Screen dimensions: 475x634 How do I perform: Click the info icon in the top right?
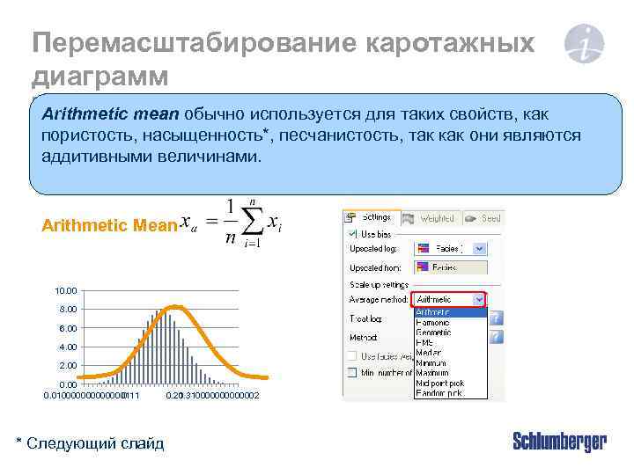click(x=584, y=44)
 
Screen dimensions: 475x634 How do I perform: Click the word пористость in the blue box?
click(x=82, y=135)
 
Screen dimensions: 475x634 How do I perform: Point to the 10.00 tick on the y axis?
click(x=66, y=290)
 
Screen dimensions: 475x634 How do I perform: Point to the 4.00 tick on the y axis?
click(x=68, y=347)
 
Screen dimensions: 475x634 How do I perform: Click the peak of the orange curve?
click(x=175, y=306)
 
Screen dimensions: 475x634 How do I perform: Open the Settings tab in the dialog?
click(x=371, y=217)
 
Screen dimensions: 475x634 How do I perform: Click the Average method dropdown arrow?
click(x=479, y=300)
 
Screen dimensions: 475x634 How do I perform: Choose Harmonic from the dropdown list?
click(x=432, y=322)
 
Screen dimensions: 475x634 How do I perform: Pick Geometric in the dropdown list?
click(x=434, y=332)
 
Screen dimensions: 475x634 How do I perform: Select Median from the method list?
click(x=428, y=352)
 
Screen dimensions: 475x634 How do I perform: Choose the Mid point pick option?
click(x=439, y=382)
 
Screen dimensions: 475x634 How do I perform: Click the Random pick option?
click(x=437, y=392)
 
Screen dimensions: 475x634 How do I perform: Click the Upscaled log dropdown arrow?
click(x=479, y=249)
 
